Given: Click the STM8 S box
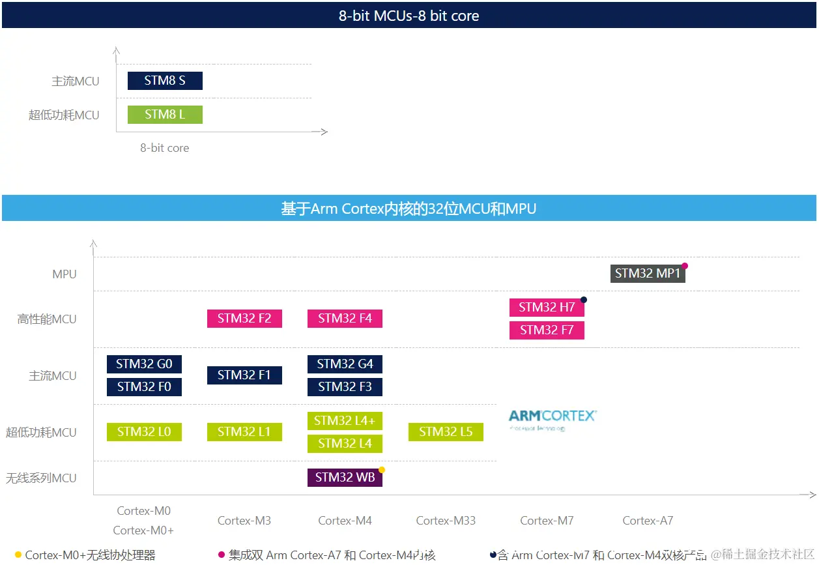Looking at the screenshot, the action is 165,81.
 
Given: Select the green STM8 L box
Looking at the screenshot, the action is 165,115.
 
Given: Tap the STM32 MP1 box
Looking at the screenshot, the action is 648,274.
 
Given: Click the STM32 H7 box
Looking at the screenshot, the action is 547,308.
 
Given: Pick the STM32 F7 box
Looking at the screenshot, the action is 547,330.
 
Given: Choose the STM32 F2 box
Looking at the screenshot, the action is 244,319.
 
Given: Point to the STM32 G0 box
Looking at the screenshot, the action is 144,364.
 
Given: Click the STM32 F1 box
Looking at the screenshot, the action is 244,375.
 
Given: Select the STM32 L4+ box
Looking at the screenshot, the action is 345,421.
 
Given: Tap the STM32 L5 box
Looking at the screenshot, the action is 446,432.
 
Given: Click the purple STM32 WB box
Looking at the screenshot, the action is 345,478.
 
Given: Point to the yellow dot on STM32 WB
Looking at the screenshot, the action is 382,470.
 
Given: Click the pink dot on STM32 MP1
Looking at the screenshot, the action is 685,266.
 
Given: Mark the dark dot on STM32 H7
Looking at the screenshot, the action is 584,300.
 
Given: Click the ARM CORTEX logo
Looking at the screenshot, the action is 553,419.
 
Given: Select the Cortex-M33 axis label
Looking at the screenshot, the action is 446,521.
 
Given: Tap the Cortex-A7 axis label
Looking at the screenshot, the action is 648,521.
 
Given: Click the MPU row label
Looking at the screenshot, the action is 65,274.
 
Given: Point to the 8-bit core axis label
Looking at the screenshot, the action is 165,148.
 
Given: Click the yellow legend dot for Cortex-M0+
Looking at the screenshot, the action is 18,555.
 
